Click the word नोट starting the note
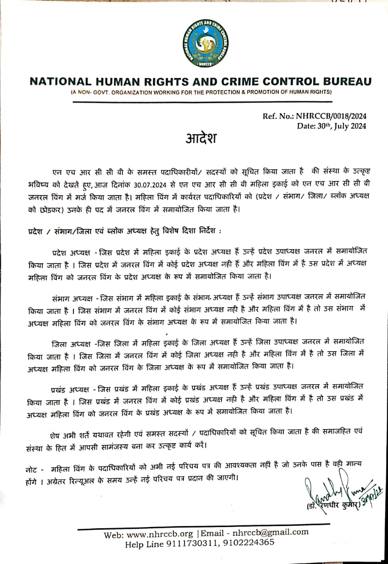[32, 468]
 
